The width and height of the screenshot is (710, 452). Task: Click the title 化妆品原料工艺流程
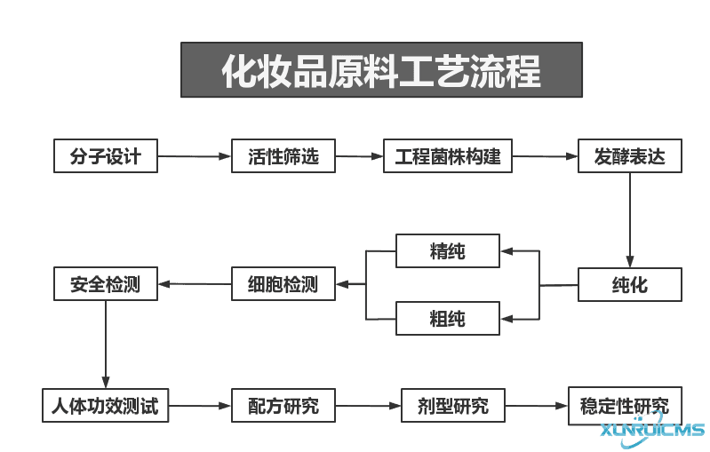[382, 70]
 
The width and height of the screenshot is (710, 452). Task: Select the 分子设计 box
[106, 156]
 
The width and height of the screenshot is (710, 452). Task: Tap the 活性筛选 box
[283, 156]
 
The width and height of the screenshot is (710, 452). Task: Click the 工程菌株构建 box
[448, 156]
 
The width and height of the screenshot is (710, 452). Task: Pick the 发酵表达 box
[630, 156]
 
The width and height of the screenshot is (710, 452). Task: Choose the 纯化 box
[630, 285]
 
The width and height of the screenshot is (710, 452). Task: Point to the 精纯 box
[447, 250]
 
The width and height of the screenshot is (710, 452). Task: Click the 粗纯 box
[447, 317]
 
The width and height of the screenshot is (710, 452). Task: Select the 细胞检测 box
[283, 284]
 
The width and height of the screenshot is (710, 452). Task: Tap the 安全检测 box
[106, 284]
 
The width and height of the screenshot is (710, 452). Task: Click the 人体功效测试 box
[106, 406]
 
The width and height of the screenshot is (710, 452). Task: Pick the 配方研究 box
[283, 406]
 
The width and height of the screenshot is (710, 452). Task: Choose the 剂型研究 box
[452, 406]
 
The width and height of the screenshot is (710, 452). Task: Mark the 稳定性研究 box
[625, 406]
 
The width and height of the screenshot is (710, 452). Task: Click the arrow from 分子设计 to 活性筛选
[195, 156]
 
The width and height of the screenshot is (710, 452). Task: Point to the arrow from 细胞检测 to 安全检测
[195, 284]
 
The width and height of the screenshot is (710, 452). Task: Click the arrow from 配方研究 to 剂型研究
[368, 406]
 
